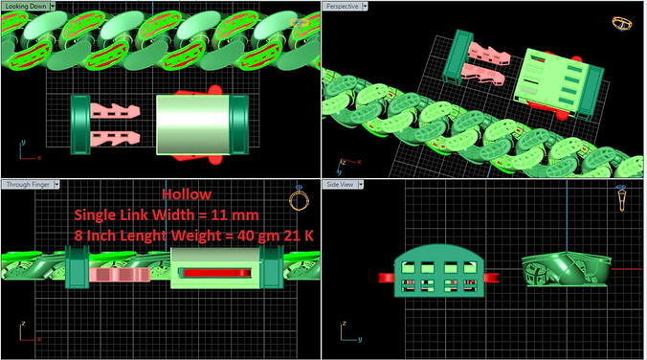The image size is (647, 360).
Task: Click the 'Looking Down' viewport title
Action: [25, 5]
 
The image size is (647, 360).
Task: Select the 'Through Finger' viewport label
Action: [27, 184]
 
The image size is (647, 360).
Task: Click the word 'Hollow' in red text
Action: [182, 193]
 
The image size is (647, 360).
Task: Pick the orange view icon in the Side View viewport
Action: [623, 199]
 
